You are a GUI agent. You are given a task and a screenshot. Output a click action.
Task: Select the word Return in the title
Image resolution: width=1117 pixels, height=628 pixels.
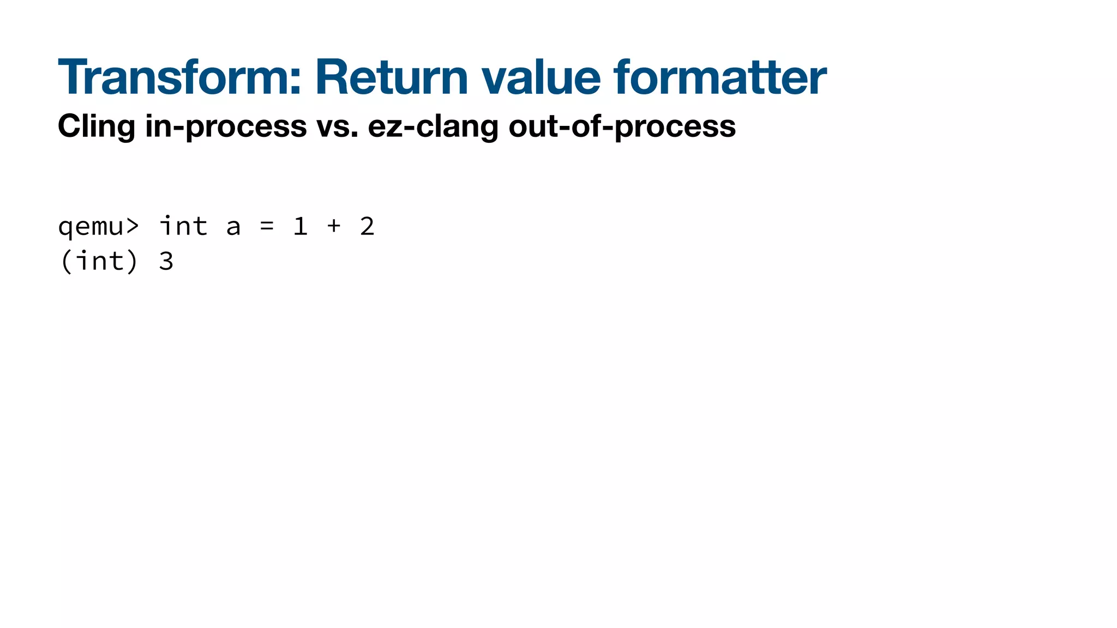tap(392, 77)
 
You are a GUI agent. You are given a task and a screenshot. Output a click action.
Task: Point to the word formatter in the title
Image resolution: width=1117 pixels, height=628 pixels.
tap(719, 77)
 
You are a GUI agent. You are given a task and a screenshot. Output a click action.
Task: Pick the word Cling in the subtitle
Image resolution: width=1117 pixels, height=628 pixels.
tap(96, 126)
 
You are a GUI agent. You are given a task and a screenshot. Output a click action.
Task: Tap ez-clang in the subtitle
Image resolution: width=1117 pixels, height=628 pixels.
tap(433, 126)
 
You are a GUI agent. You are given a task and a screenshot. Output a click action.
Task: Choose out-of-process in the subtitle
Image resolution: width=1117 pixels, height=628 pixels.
tap(622, 126)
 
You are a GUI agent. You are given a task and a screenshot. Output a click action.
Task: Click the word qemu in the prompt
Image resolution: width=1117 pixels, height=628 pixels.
tap(91, 227)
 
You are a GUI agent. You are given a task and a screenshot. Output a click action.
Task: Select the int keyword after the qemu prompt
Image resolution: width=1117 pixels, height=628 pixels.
tap(183, 226)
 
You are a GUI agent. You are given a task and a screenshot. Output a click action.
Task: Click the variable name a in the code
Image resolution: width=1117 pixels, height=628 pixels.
tap(233, 227)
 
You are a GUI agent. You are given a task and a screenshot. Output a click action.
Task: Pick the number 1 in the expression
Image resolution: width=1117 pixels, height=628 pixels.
tap(301, 226)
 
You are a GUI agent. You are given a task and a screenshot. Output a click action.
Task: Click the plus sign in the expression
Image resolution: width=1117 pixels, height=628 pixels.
tap(334, 226)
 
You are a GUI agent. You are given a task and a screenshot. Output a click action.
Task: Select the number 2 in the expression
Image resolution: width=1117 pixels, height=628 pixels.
tap(367, 226)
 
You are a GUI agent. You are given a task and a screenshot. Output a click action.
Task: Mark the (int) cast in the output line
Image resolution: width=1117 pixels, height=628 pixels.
tap(99, 261)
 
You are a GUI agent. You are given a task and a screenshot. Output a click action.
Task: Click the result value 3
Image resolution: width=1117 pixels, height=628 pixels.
tap(166, 261)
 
